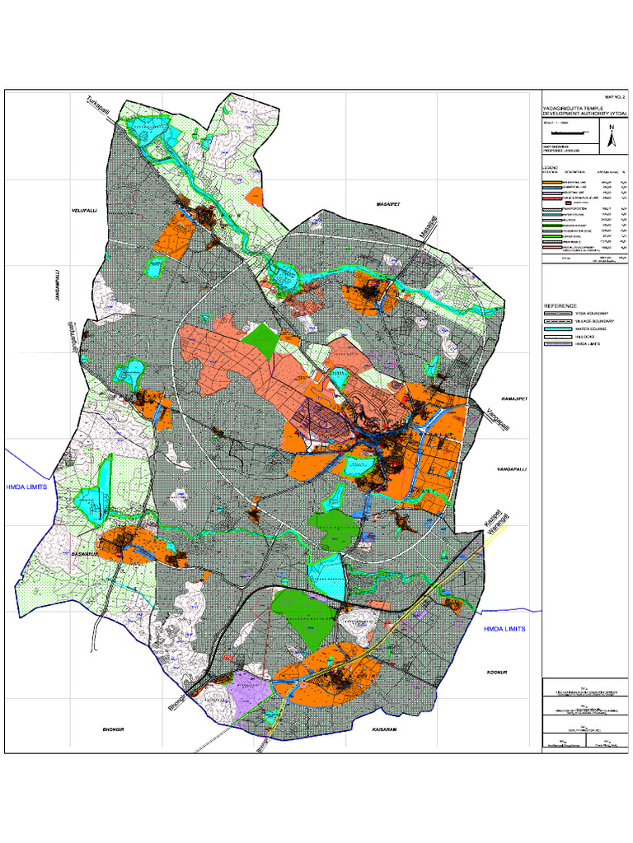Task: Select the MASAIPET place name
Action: pyautogui.click(x=387, y=202)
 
